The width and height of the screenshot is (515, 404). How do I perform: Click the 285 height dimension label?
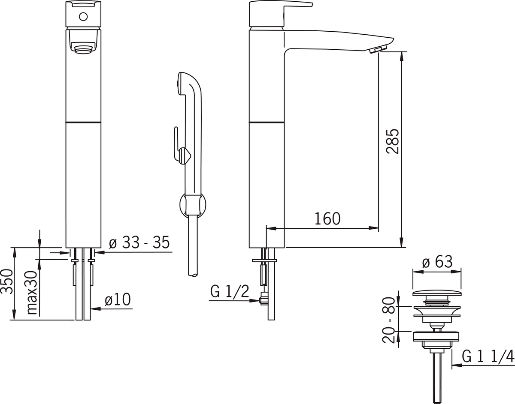click(x=392, y=141)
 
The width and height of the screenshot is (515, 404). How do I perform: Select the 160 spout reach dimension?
click(x=327, y=219)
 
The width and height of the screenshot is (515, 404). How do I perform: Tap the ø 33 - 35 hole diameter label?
click(x=139, y=242)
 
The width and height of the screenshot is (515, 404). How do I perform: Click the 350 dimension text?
click(x=6, y=281)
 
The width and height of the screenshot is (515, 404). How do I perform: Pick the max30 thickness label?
click(x=32, y=293)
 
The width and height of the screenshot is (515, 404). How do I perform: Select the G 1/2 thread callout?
click(x=230, y=291)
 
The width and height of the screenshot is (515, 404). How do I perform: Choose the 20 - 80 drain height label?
click(x=389, y=320)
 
